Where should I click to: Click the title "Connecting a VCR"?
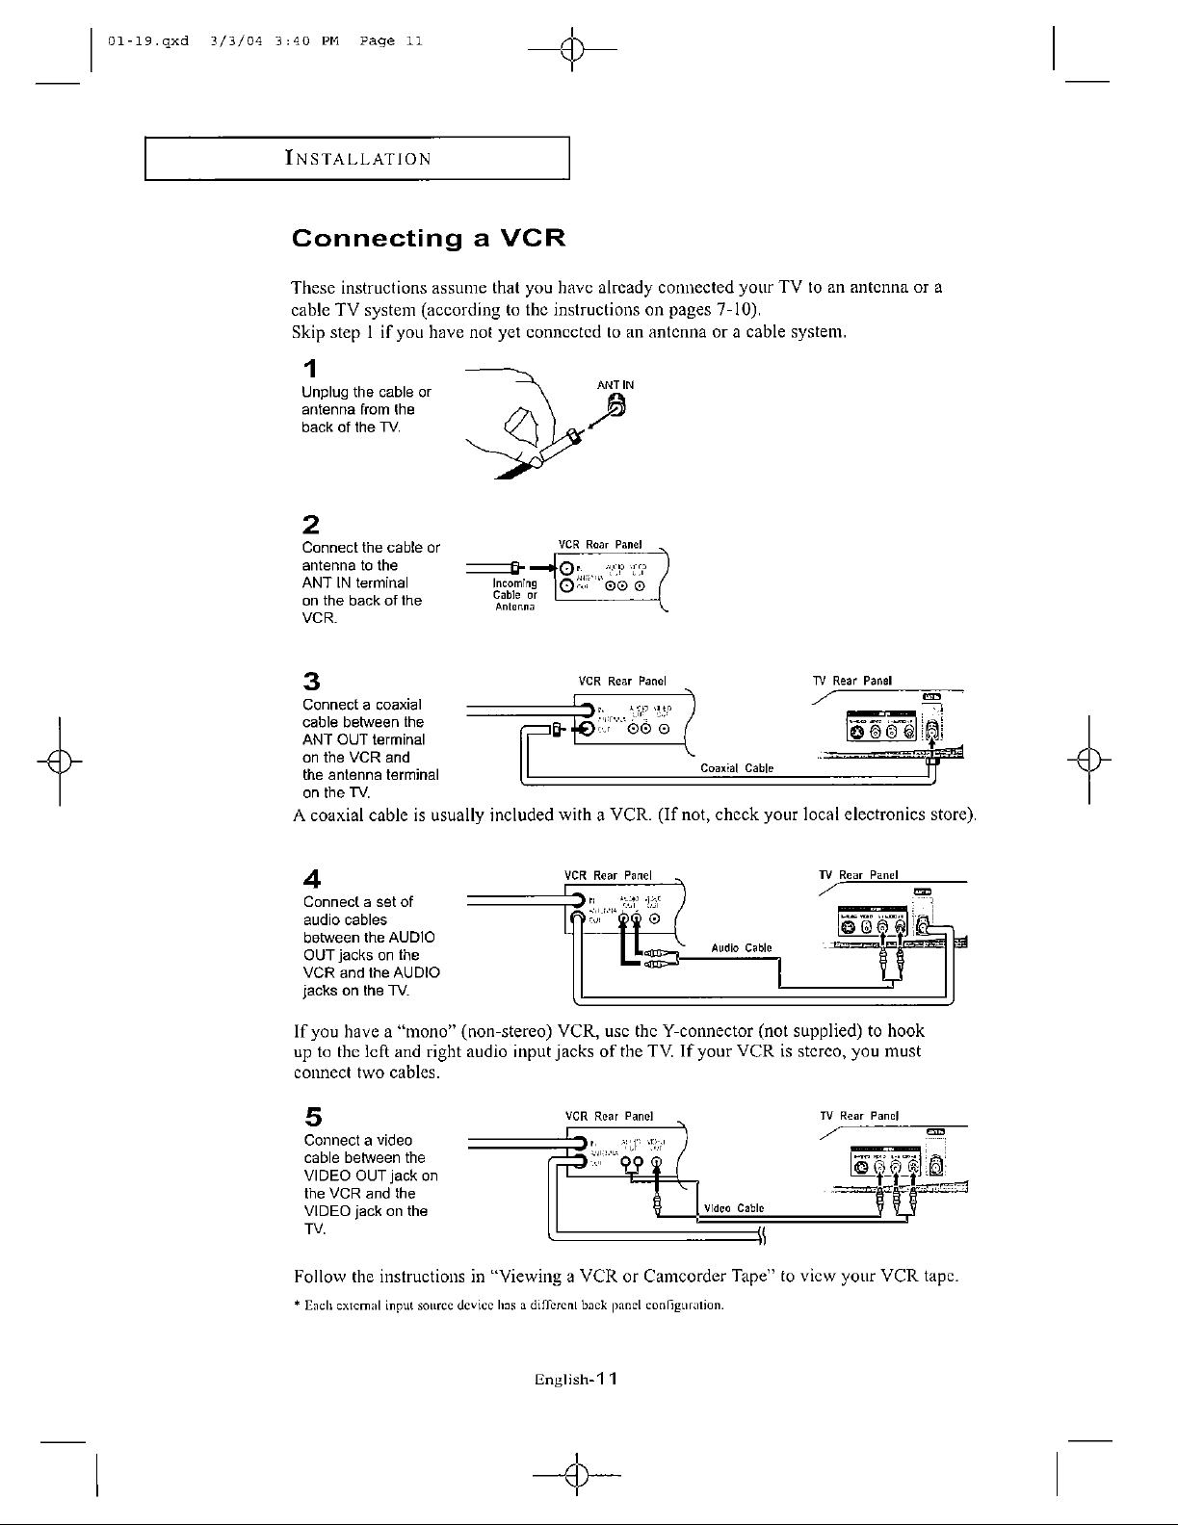click(428, 238)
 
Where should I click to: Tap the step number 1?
click(308, 369)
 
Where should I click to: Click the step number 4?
click(310, 878)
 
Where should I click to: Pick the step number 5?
click(311, 1117)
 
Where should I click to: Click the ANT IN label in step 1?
click(615, 385)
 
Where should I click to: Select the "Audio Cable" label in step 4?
click(741, 947)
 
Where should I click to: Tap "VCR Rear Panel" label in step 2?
click(601, 546)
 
